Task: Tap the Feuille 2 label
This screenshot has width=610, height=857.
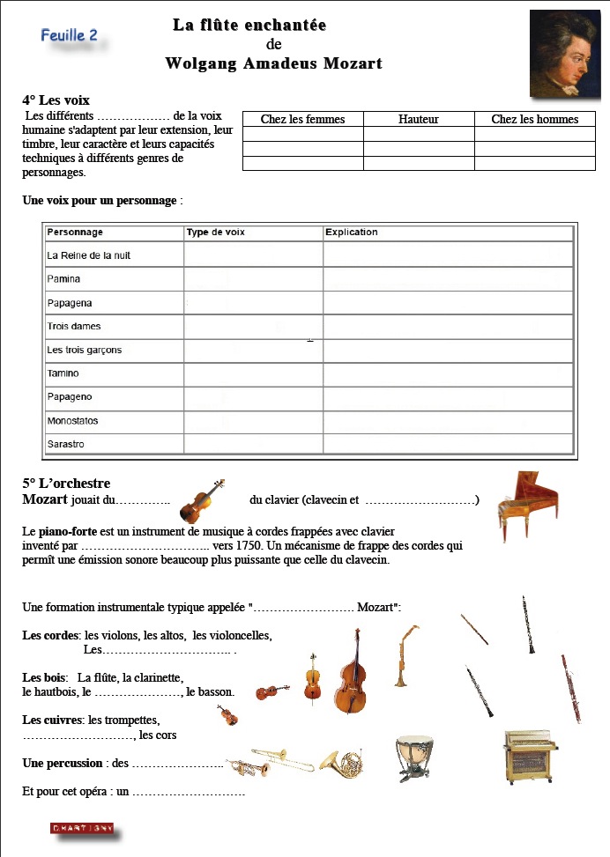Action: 69,35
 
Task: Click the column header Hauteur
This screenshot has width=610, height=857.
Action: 418,119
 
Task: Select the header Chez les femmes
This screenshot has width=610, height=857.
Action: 302,119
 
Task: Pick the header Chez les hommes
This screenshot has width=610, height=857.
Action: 534,119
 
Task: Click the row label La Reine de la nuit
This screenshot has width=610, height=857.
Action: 88,255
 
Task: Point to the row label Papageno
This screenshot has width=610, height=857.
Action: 69,397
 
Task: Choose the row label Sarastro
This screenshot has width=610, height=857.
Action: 65,444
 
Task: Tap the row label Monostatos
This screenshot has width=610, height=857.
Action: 72,421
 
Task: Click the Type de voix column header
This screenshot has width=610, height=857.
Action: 216,233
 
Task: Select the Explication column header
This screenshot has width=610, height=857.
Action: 351,233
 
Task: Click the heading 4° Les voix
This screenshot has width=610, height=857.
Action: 56,100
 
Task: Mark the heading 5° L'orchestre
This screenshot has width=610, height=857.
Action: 66,484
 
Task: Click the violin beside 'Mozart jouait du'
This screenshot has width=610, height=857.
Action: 201,501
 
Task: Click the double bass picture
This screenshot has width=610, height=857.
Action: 350,672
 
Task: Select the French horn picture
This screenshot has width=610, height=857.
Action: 340,763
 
